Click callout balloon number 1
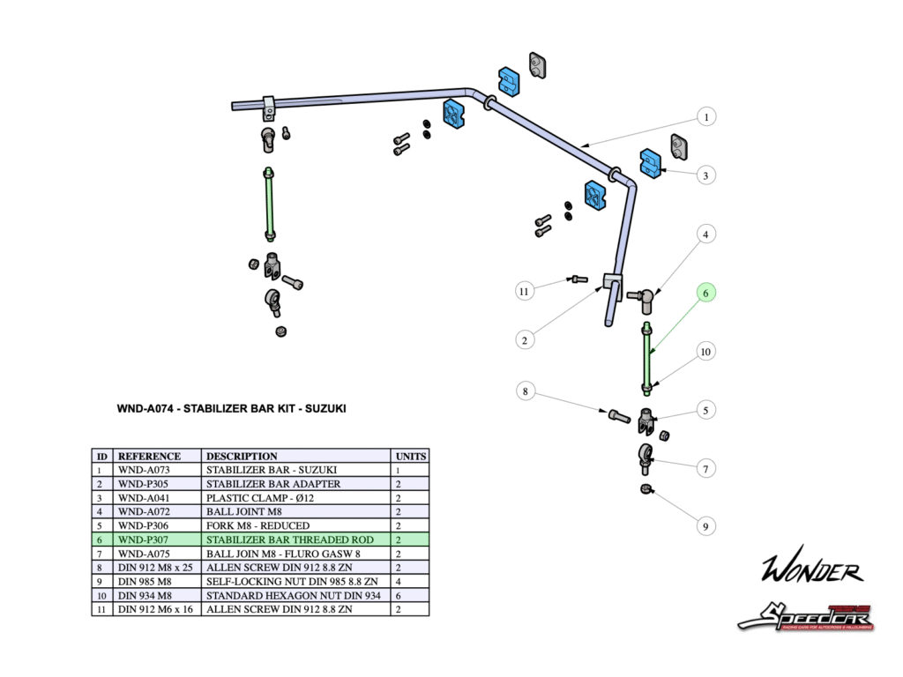pyautogui.click(x=705, y=116)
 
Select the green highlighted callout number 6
pyautogui.click(x=705, y=293)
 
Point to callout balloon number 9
pyautogui.click(x=705, y=526)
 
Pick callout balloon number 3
pyautogui.click(x=705, y=175)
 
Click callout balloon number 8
pyautogui.click(x=524, y=391)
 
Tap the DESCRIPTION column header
pyautogui.click(x=242, y=457)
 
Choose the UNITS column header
pyautogui.click(x=410, y=457)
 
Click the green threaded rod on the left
pyautogui.click(x=269, y=203)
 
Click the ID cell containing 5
pyautogui.click(x=101, y=525)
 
